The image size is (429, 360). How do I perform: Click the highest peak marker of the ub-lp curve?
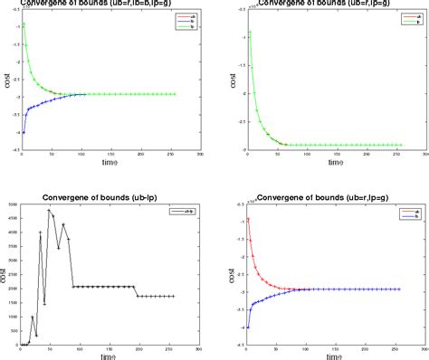coord(50,210)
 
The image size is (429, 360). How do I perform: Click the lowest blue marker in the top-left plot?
coord(23,132)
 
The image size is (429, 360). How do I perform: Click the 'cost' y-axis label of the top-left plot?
coord(5,81)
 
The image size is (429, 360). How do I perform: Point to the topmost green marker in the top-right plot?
coord(249,33)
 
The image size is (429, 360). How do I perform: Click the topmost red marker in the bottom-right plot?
coord(248,219)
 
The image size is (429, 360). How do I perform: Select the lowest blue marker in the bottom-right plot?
coord(248,327)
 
